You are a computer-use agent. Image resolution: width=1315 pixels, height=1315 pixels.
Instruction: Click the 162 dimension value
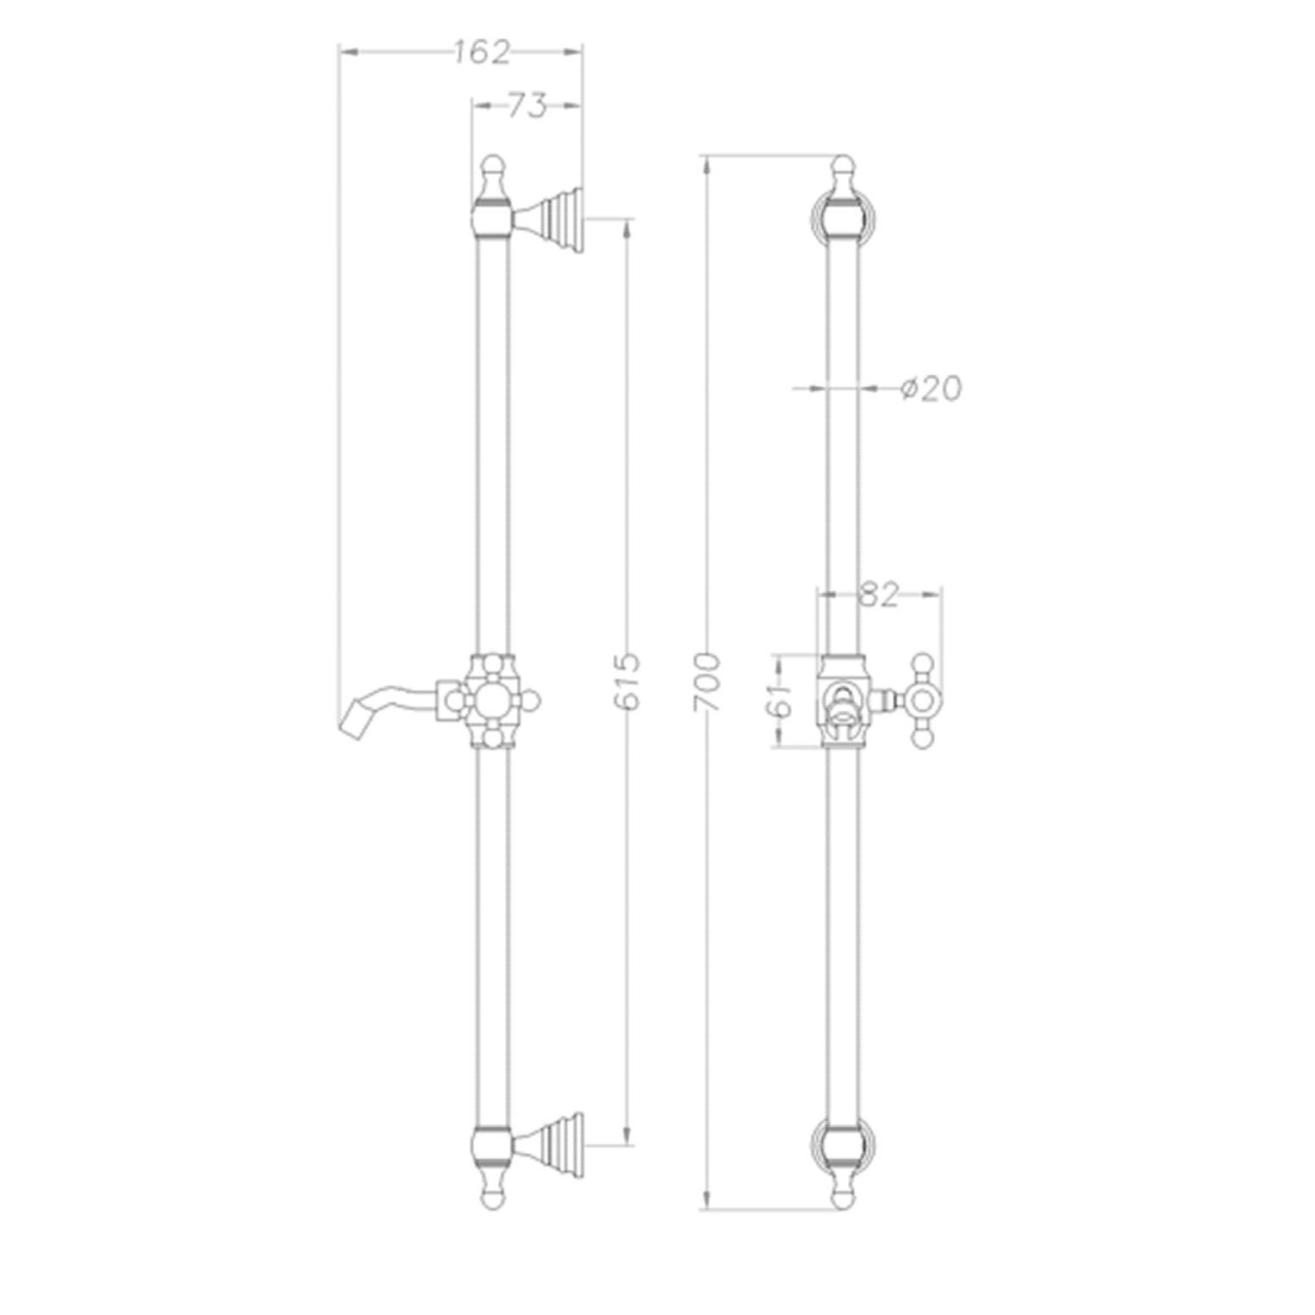tap(482, 53)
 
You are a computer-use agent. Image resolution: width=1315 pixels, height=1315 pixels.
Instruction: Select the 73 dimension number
tap(527, 106)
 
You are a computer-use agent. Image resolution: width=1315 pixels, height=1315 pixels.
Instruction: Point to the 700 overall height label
tap(707, 682)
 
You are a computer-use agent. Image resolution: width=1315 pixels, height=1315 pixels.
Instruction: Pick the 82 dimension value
tap(879, 594)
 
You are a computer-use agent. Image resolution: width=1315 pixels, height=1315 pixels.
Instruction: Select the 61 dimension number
tap(781, 701)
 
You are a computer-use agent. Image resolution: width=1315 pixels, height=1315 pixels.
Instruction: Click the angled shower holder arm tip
tap(352, 718)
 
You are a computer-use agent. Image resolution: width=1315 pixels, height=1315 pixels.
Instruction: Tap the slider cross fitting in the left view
tap(492, 701)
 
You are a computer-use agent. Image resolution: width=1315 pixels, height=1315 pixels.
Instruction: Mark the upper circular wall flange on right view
tap(843, 215)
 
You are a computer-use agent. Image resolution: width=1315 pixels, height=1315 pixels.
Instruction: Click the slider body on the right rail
tap(843, 701)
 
